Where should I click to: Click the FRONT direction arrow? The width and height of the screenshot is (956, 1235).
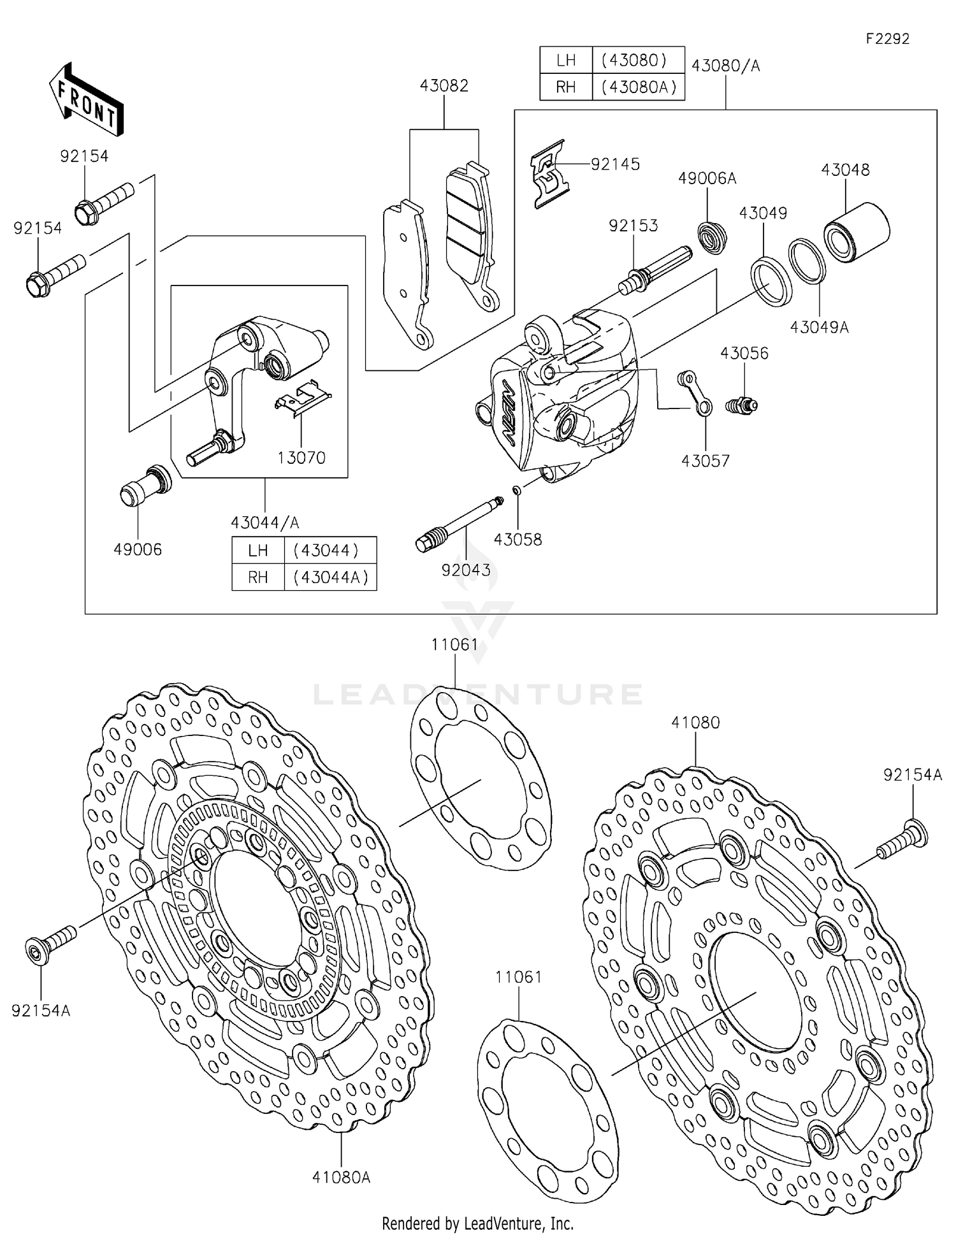(87, 100)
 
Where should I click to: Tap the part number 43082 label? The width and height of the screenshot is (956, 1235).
(444, 86)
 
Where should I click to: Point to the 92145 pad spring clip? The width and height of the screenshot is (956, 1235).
(549, 174)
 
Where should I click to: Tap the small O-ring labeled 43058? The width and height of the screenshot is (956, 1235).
(517, 490)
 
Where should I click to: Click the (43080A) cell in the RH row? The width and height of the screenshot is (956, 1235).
(638, 87)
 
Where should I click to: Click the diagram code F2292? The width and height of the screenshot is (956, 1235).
(887, 39)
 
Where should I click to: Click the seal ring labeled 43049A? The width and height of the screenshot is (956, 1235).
(807, 261)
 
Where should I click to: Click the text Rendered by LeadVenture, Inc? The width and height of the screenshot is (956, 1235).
(477, 1223)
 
